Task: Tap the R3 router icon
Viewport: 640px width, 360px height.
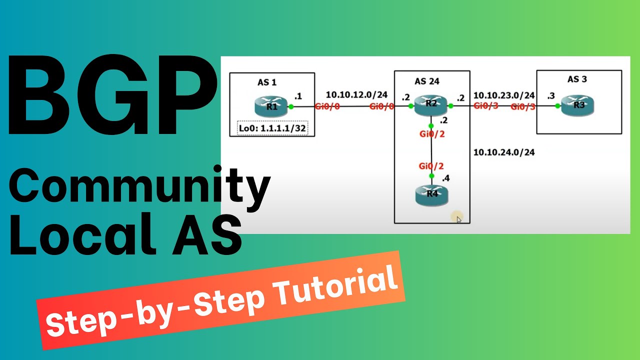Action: pyautogui.click(x=578, y=105)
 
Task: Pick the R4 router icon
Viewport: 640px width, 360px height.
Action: pyautogui.click(x=431, y=195)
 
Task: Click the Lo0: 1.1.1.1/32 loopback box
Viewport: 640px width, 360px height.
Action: pyautogui.click(x=273, y=128)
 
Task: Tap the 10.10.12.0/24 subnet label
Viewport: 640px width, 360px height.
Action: pyautogui.click(x=356, y=94)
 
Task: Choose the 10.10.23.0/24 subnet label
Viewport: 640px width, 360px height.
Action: pyautogui.click(x=504, y=95)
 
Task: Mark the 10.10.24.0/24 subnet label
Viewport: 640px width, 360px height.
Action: pyautogui.click(x=504, y=152)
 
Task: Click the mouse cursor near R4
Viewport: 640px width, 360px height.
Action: pyautogui.click(x=459, y=219)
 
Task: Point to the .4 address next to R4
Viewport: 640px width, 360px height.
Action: pyautogui.click(x=445, y=178)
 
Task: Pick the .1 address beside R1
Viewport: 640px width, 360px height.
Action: pyautogui.click(x=298, y=95)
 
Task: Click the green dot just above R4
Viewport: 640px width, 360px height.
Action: pyautogui.click(x=431, y=176)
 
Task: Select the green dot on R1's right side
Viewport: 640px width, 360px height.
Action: pyautogui.click(x=290, y=106)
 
